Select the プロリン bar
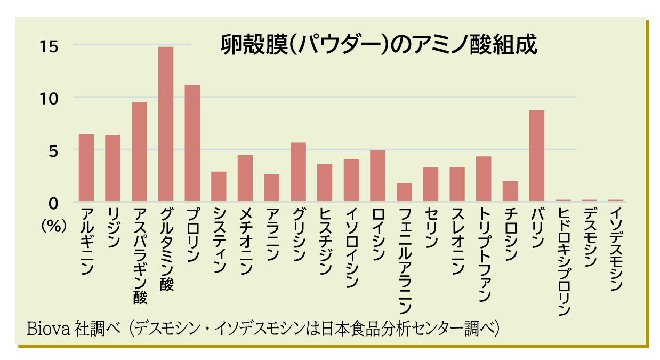[192, 143]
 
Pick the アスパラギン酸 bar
[139, 152]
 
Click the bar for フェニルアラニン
[404, 192]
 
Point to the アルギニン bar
[86, 167]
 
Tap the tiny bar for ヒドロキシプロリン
[563, 201]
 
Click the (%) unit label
[54, 226]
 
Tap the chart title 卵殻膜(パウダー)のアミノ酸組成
[379, 46]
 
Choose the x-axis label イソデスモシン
[616, 249]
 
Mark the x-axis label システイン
[219, 240]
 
